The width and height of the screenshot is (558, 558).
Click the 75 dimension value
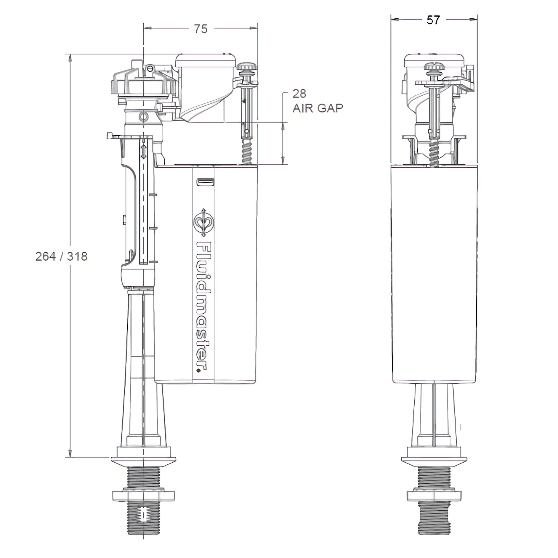pos(201,29)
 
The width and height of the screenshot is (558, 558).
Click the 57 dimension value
pos(433,20)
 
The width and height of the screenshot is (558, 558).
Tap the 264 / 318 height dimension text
pos(61,256)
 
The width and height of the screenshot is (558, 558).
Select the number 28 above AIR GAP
pos(299,93)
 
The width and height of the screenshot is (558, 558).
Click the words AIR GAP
pos(318,108)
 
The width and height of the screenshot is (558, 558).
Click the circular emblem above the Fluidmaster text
pos(204,223)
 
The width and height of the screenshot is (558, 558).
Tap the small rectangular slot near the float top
pos(206,182)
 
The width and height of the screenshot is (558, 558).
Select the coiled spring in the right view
pos(434,155)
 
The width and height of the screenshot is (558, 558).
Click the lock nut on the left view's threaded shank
pos(143,495)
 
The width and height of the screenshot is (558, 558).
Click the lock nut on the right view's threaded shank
pos(434,495)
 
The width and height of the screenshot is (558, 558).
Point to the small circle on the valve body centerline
pos(143,117)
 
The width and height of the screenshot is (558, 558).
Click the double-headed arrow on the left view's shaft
pos(143,151)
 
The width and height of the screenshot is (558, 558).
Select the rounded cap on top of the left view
pos(205,60)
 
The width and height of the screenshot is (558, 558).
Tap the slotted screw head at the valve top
pos(149,68)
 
